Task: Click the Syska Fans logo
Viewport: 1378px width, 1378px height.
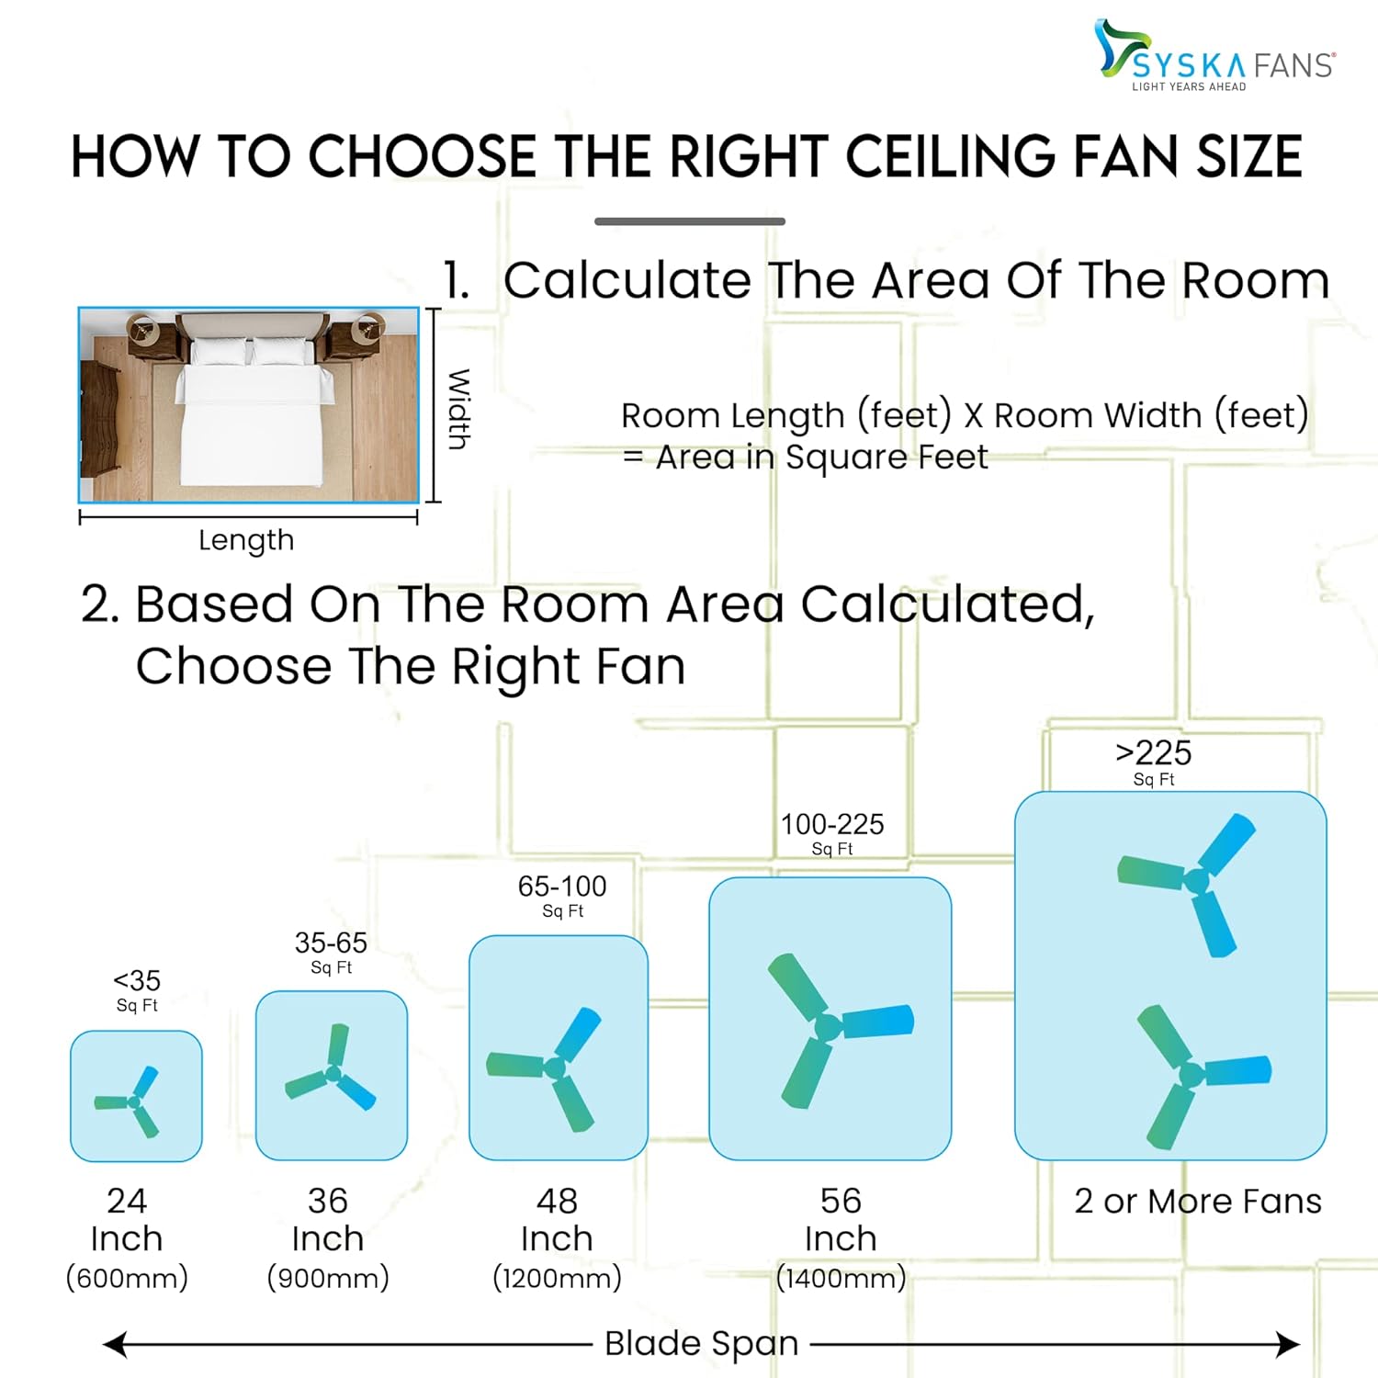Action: [x=1214, y=55]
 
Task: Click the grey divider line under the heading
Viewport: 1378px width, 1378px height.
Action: [x=690, y=221]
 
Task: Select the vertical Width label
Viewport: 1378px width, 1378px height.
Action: [x=458, y=409]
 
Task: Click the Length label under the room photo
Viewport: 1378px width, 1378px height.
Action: [x=246, y=540]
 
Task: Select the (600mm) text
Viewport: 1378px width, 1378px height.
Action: [x=127, y=1277]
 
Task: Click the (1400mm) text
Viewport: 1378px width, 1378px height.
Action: [x=841, y=1277]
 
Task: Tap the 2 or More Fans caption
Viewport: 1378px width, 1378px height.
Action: [x=1198, y=1201]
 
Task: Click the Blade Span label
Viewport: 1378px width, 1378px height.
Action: [x=702, y=1343]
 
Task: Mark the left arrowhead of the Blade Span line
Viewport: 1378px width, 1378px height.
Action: [x=114, y=1346]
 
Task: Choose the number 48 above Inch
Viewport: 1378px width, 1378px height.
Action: [x=557, y=1201]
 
